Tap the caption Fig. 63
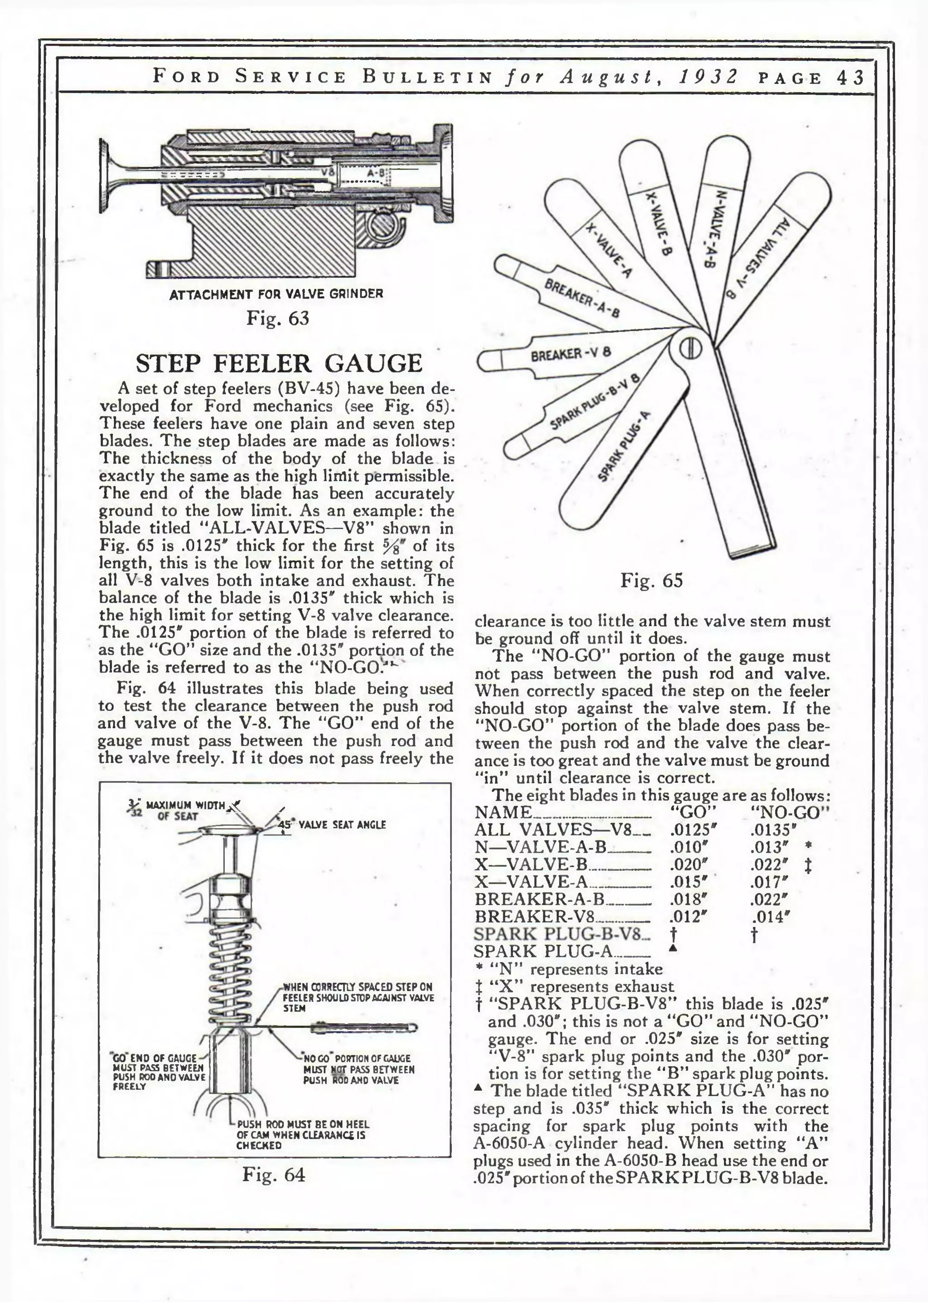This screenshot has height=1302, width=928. pos(277,318)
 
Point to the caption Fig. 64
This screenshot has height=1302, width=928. pos(274,1175)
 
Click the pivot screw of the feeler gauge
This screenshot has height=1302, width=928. pos(689,349)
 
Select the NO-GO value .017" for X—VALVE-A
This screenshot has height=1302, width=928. pos(769,882)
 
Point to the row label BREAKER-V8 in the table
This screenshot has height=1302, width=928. pos(535,917)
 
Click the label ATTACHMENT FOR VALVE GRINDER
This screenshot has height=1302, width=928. pos(276,294)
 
